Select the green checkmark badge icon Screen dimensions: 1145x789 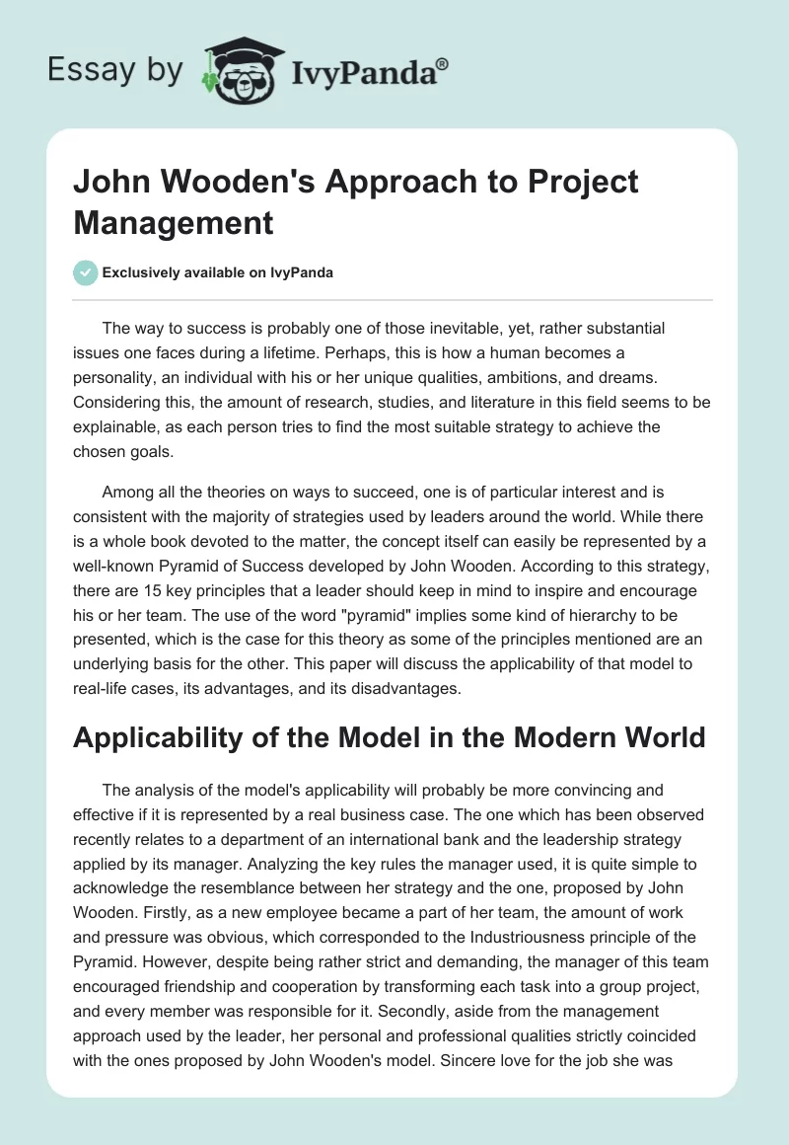85,272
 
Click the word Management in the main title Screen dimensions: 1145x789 174,222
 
